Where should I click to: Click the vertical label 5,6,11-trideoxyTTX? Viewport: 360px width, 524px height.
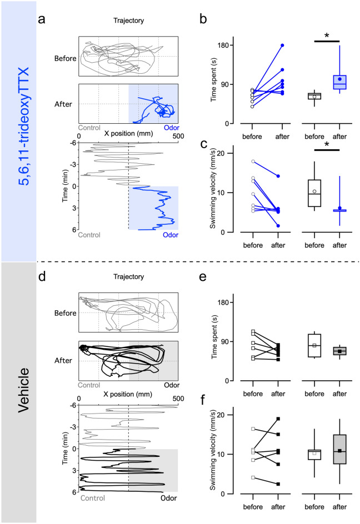(18, 130)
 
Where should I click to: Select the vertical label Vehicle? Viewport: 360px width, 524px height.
(18, 391)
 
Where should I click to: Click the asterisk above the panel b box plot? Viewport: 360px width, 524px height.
(326, 36)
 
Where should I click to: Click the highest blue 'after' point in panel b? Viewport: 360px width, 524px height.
(282, 45)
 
